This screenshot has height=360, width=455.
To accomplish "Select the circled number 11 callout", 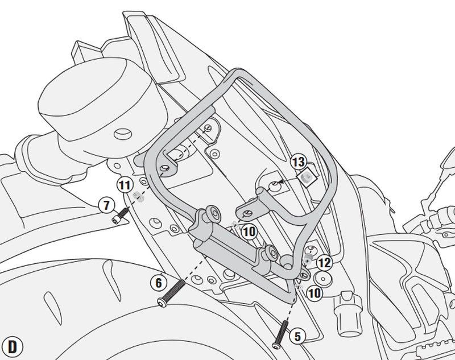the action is (x=125, y=185).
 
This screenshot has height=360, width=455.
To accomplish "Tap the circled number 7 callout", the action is (x=106, y=205).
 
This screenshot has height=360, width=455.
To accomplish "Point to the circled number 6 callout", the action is (x=159, y=283).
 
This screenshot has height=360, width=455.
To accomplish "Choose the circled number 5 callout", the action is (x=297, y=337).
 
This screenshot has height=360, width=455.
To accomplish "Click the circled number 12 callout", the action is (x=324, y=263).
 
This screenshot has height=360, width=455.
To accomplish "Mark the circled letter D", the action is (x=12, y=347).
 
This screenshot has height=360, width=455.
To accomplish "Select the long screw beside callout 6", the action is (x=171, y=292).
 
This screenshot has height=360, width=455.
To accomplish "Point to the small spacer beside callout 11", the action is (x=138, y=197).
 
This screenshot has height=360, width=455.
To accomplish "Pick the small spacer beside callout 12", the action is (x=308, y=258).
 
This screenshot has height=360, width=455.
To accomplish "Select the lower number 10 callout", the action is (x=315, y=293).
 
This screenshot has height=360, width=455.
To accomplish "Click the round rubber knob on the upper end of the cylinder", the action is (x=213, y=213).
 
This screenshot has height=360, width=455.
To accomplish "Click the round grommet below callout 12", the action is (x=323, y=279).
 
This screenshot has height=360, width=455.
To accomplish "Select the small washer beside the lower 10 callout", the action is (x=299, y=286).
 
